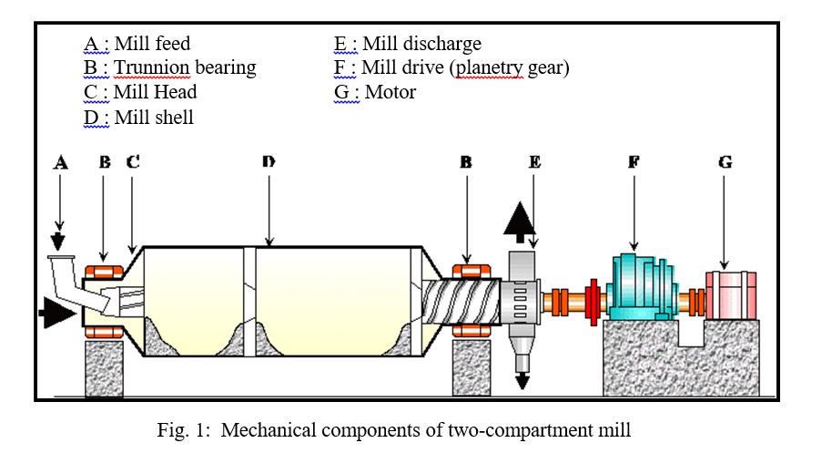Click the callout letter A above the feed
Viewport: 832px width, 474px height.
61,163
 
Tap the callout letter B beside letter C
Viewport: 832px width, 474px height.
105,163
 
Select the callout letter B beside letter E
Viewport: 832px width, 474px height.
466,163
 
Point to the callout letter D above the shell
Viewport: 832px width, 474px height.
269,163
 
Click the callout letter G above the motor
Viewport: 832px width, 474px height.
725,163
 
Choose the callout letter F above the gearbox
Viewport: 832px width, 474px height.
634,163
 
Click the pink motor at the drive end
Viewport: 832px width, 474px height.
731,294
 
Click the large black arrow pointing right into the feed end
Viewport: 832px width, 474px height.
56,315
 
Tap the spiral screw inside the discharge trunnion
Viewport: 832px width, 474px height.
461,299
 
